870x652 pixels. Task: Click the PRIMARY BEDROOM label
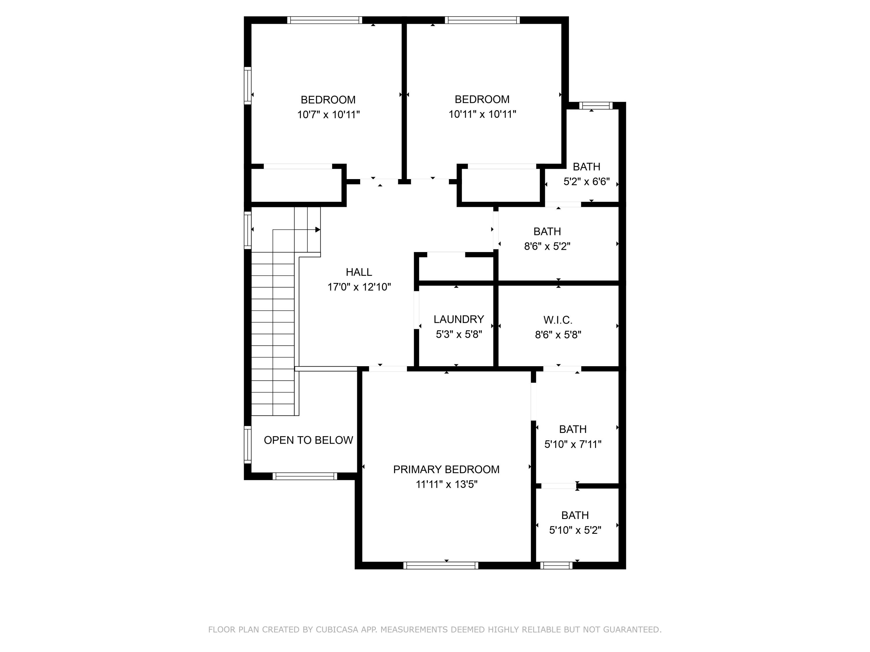tap(446, 469)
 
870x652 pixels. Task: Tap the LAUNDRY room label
tap(458, 319)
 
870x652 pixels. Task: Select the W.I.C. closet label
tap(558, 320)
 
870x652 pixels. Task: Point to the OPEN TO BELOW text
tap(308, 440)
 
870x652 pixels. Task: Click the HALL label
tap(359, 272)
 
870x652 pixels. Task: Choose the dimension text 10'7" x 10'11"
tap(328, 115)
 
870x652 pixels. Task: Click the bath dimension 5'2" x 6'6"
tap(586, 182)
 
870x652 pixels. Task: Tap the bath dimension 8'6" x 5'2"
tap(547, 246)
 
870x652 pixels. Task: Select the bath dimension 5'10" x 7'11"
tap(573, 445)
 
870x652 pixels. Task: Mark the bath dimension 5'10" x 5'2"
tap(575, 531)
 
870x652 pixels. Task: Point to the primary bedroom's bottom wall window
tap(441, 566)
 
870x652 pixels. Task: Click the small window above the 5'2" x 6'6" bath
tap(595, 105)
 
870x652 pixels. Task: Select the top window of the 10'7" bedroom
tap(325, 20)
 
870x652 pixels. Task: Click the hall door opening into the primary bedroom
tap(388, 369)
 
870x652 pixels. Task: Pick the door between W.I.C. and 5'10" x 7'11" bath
tap(562, 369)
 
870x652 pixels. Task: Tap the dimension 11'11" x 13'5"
tap(446, 485)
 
